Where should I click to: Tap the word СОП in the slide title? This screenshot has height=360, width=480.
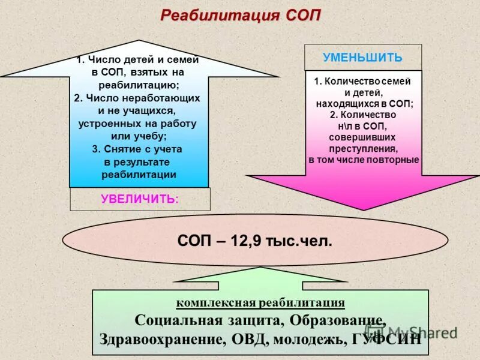[300, 15]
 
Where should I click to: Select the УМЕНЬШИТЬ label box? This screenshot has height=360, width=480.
[362, 58]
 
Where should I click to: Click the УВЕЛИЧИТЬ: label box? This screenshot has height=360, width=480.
[140, 199]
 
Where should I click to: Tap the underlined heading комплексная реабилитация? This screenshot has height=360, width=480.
[260, 302]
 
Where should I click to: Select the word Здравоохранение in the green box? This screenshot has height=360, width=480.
[161, 339]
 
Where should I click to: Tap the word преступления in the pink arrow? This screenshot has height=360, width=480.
[363, 149]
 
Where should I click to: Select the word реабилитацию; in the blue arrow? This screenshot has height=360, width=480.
[139, 85]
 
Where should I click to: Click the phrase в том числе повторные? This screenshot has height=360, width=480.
[364, 160]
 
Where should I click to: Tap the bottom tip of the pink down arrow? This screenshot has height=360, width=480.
[362, 209]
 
